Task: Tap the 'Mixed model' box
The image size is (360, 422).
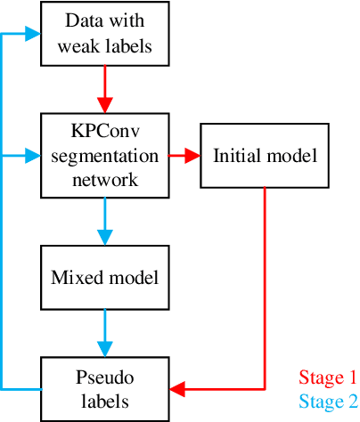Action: pyautogui.click(x=105, y=277)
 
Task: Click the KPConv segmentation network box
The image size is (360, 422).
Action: pyautogui.click(x=105, y=155)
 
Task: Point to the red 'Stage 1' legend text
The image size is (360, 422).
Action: pyautogui.click(x=327, y=377)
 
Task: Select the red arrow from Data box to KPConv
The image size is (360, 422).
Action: pyautogui.click(x=105, y=89)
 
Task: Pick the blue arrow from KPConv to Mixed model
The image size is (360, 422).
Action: pyautogui.click(x=105, y=221)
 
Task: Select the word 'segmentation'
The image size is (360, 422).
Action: pyautogui.click(x=105, y=156)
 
